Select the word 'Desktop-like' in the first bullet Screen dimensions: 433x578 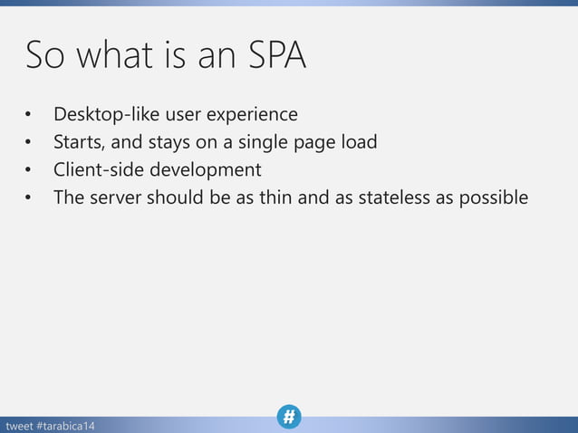coord(106,115)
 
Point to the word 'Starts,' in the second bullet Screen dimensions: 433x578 coord(79,142)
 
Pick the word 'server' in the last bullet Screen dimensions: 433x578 coord(116,197)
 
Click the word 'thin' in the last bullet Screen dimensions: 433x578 coord(276,197)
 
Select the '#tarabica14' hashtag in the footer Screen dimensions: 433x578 coord(69,425)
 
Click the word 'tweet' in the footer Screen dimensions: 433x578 coord(19,425)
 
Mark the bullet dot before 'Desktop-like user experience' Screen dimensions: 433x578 coord(28,116)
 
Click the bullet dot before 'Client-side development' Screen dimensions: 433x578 coord(28,170)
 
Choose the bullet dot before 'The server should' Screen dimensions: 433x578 coord(28,197)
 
